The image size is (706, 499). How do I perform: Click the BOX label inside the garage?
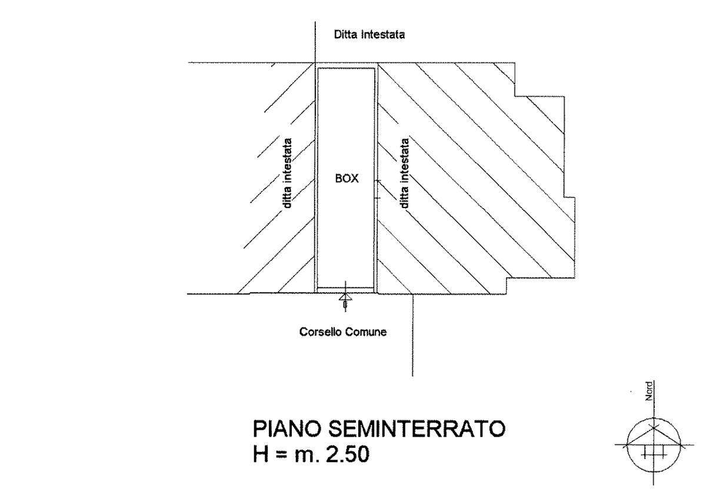347,179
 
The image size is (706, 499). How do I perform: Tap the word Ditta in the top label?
346,34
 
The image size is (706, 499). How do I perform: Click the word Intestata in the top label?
383,34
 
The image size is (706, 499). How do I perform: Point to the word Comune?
366,332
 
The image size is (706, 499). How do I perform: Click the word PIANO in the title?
287,429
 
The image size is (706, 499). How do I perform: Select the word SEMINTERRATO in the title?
417,429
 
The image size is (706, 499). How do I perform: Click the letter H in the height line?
261,454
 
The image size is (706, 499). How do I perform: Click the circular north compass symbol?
654,445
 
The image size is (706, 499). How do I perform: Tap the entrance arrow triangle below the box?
345,297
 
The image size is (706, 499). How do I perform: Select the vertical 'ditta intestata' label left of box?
287,173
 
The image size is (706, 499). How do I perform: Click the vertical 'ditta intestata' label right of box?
404,173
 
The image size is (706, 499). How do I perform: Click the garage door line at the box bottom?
346,288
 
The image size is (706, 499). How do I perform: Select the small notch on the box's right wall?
378,189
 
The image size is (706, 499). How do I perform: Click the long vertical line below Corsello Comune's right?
412,335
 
